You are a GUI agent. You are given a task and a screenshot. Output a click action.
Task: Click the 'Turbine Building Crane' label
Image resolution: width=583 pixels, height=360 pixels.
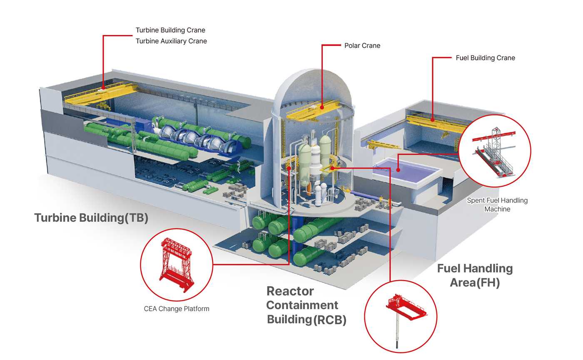point(170,30)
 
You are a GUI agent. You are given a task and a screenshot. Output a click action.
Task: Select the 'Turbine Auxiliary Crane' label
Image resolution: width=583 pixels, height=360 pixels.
point(171,41)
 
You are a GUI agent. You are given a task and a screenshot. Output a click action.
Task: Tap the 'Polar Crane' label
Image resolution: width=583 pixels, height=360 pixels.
point(362,46)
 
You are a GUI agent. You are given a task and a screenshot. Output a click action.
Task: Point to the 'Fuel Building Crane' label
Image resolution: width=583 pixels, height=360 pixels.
point(485,58)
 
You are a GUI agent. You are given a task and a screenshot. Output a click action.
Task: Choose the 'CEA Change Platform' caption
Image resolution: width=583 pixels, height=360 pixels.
point(176,309)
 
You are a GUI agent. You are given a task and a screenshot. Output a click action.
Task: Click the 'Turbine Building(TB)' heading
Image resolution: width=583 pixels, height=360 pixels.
point(91,218)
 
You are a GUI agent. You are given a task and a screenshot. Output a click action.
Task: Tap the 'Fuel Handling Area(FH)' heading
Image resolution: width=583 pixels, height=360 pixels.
point(475,275)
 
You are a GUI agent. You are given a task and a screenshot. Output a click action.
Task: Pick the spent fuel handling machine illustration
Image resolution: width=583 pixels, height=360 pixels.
point(495,152)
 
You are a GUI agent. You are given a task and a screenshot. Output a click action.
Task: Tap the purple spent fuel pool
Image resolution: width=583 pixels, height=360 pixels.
point(406,172)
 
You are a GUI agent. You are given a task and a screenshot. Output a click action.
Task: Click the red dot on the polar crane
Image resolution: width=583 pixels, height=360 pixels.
point(322,106)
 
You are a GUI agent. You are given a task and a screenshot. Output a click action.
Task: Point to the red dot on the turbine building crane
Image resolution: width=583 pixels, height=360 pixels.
point(103,88)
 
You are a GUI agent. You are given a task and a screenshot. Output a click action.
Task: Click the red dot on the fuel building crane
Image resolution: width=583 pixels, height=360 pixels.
point(433,120)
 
